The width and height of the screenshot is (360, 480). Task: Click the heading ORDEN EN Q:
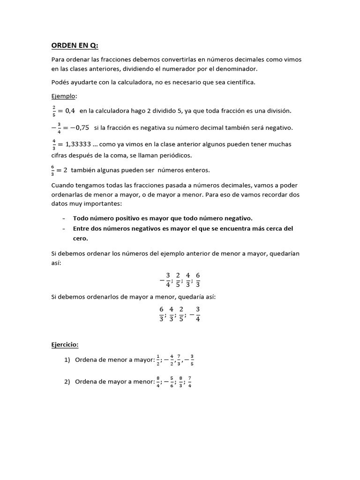(75, 45)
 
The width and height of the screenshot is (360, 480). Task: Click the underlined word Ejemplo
(63, 96)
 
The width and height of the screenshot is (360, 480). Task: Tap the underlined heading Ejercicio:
(65, 345)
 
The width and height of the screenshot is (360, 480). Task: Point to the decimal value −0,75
(77, 127)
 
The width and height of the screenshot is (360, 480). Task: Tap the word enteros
(198, 170)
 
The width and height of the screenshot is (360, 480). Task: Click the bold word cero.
(81, 238)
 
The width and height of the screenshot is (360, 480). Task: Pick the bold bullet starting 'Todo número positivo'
(163, 218)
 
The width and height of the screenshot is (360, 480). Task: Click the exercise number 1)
(67, 360)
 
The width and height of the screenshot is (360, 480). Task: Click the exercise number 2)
(67, 382)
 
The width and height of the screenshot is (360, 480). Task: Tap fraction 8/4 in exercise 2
(157, 382)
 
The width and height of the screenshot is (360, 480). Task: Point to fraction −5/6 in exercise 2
(170, 382)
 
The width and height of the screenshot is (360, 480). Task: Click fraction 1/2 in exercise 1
(157, 360)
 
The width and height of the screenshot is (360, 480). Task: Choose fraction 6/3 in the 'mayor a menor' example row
(161, 314)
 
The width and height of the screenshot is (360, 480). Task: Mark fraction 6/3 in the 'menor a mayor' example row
(198, 280)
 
